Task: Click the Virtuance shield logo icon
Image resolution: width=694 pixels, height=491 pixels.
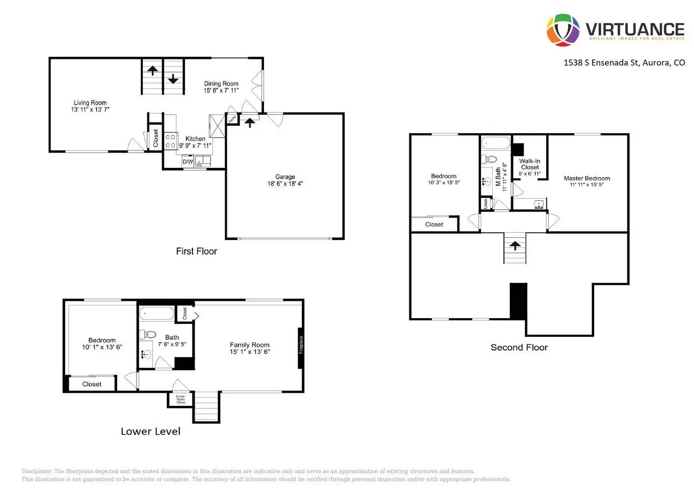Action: point(563,30)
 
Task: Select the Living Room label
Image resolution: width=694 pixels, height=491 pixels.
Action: point(90,103)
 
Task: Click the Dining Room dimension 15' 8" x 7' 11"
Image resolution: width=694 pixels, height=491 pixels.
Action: point(221,90)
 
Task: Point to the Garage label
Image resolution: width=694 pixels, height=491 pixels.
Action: point(285,177)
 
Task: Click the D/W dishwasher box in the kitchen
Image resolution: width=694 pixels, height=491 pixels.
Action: point(188,162)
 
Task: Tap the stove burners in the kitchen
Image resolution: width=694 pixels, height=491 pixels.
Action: point(170,141)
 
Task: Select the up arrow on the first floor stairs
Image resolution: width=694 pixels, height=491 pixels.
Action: point(153,71)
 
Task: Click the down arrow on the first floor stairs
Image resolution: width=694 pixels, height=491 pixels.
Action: point(173,78)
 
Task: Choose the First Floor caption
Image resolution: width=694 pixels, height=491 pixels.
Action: point(196,251)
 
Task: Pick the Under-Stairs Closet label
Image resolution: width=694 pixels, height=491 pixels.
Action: point(181,399)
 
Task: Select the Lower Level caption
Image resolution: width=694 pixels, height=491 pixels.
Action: point(151,431)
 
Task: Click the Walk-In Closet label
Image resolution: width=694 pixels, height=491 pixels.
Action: point(530,164)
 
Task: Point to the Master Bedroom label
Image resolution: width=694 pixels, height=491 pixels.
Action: point(587,178)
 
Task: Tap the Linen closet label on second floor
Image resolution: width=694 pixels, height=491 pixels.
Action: point(485,203)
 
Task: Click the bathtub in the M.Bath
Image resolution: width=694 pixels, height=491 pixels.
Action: point(496,143)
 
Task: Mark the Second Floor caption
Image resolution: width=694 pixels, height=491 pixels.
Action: point(519,347)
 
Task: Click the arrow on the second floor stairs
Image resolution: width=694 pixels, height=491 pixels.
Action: point(515,245)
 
